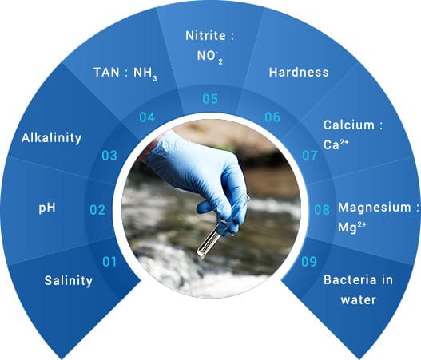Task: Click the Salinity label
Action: point(68,281)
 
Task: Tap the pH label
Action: point(47,208)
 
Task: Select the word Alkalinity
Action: point(51,138)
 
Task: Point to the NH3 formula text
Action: point(145,73)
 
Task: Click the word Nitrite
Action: point(205,36)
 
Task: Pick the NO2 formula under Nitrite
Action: point(210,57)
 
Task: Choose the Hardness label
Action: point(299,72)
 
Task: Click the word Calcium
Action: point(349,125)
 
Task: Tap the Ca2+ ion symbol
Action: point(336,144)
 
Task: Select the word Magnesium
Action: point(375,208)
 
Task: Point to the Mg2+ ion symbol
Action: point(352,227)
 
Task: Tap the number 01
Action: point(109,262)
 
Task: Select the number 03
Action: point(109,156)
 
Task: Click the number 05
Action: point(210,99)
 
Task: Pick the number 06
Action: point(272,117)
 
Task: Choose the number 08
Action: point(322,210)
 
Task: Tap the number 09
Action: point(309,262)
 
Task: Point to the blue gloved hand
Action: point(198,177)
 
